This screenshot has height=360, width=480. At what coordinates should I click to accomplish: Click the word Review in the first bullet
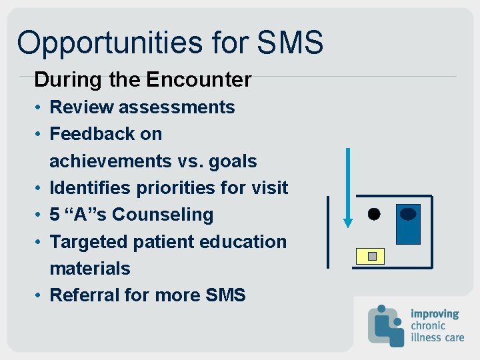coord(79,107)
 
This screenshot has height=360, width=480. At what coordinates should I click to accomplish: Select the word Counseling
coord(163,215)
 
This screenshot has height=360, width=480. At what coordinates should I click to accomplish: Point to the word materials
coord(90,269)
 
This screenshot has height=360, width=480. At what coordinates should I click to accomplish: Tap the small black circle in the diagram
coord(373,214)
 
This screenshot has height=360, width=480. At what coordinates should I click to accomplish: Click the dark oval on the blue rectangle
coord(408,214)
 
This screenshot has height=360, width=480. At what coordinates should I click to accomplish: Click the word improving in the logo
coord(435,313)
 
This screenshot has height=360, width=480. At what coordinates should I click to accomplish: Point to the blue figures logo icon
coord(386,325)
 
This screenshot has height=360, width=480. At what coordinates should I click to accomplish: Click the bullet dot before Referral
coord(41,295)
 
